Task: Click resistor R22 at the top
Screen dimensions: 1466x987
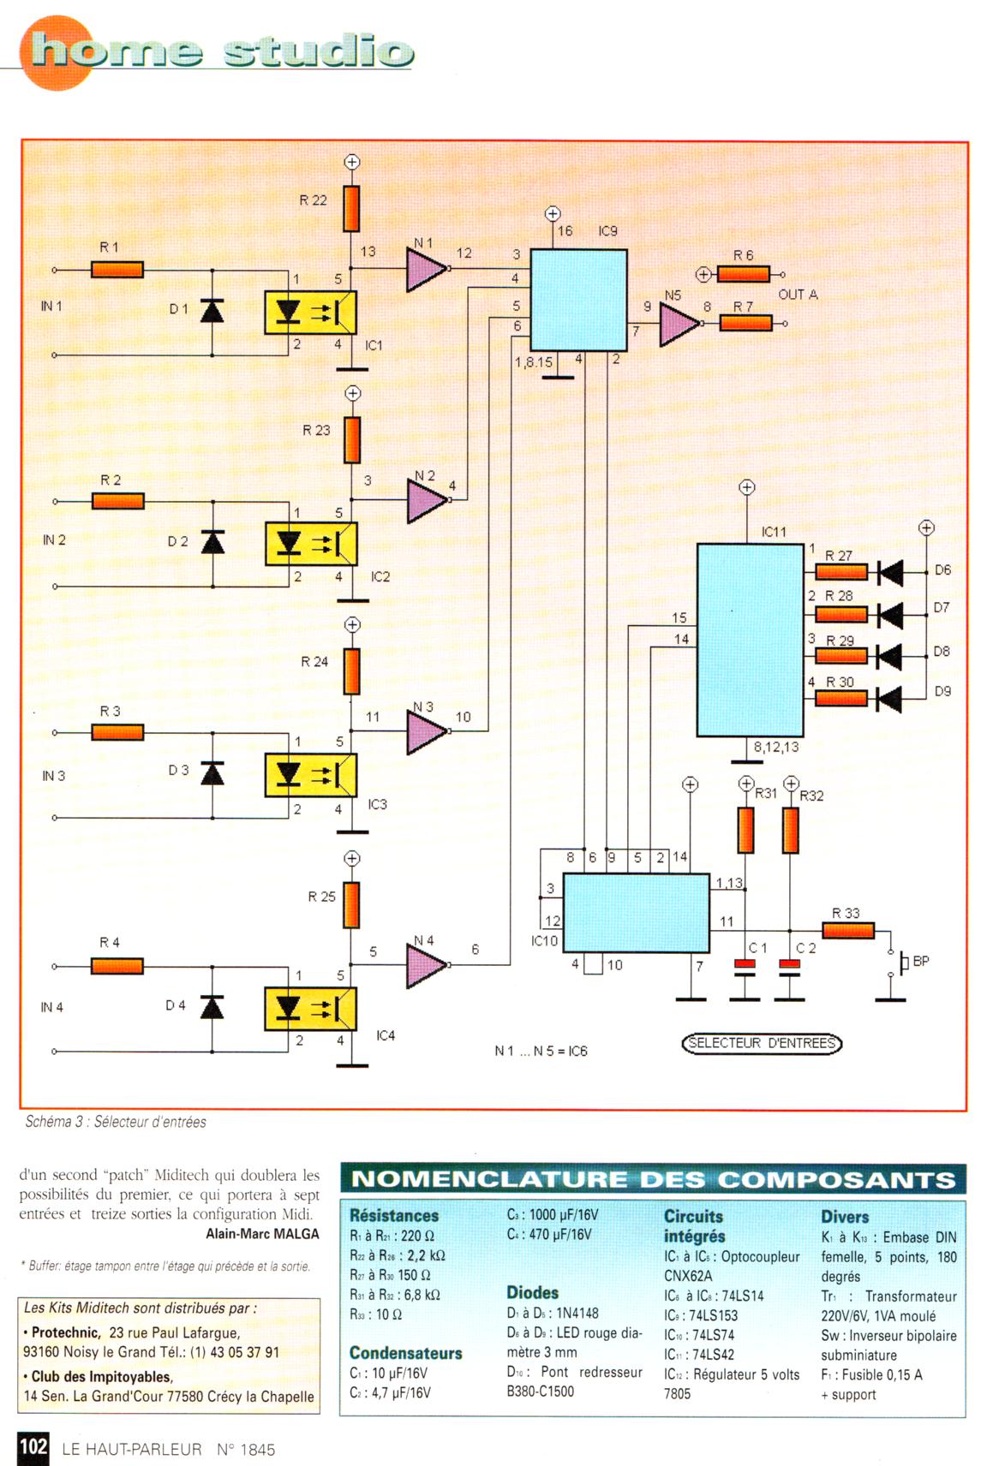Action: tap(351, 208)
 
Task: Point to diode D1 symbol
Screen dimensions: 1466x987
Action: tap(212, 310)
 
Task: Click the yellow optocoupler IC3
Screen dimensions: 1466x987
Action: tap(310, 775)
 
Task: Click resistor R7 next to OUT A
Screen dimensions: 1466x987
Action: tap(745, 323)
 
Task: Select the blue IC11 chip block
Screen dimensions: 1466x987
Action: tap(751, 639)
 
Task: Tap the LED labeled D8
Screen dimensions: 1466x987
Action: tap(890, 656)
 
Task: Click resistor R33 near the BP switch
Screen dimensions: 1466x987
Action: tap(848, 931)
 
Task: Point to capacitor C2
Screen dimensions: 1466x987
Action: tap(789, 966)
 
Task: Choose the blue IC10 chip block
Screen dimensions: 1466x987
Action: tap(636, 913)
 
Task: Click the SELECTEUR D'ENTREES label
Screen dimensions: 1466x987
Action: tap(762, 1043)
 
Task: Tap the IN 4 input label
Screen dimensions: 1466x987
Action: tap(52, 1007)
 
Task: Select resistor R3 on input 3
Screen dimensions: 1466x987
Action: tap(117, 732)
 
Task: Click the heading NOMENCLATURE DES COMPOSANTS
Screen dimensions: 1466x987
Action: tap(653, 1179)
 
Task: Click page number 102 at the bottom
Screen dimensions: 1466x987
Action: tap(33, 1446)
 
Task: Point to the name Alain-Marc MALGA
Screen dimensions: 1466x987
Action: tap(262, 1234)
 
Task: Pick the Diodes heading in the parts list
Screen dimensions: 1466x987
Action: tap(532, 1293)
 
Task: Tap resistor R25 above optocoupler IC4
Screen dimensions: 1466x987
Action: tap(351, 905)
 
